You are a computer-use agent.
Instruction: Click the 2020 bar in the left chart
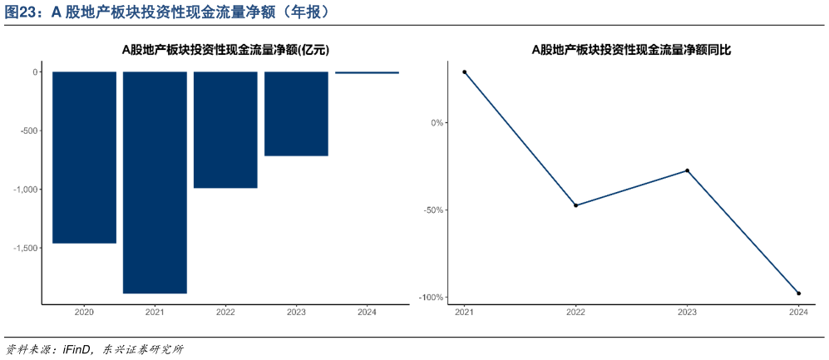point(84,157)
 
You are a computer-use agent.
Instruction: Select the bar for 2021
point(155,182)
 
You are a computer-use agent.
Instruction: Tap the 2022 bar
point(225,130)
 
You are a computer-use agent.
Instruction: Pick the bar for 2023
point(296,114)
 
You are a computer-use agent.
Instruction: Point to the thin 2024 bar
point(367,72)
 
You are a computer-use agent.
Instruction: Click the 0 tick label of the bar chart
point(35,72)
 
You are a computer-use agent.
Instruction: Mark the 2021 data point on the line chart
point(465,72)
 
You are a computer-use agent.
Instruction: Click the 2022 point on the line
point(575,205)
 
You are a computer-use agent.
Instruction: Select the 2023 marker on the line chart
point(687,170)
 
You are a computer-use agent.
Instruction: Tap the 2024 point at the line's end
point(798,293)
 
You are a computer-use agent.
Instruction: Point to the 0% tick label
point(437,123)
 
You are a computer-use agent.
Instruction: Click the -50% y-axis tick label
point(433,210)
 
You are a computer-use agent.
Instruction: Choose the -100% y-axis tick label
point(431,298)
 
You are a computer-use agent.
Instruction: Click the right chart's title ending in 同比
point(631,50)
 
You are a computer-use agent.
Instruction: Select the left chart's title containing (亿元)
point(225,50)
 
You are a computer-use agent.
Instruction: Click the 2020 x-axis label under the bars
point(84,313)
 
